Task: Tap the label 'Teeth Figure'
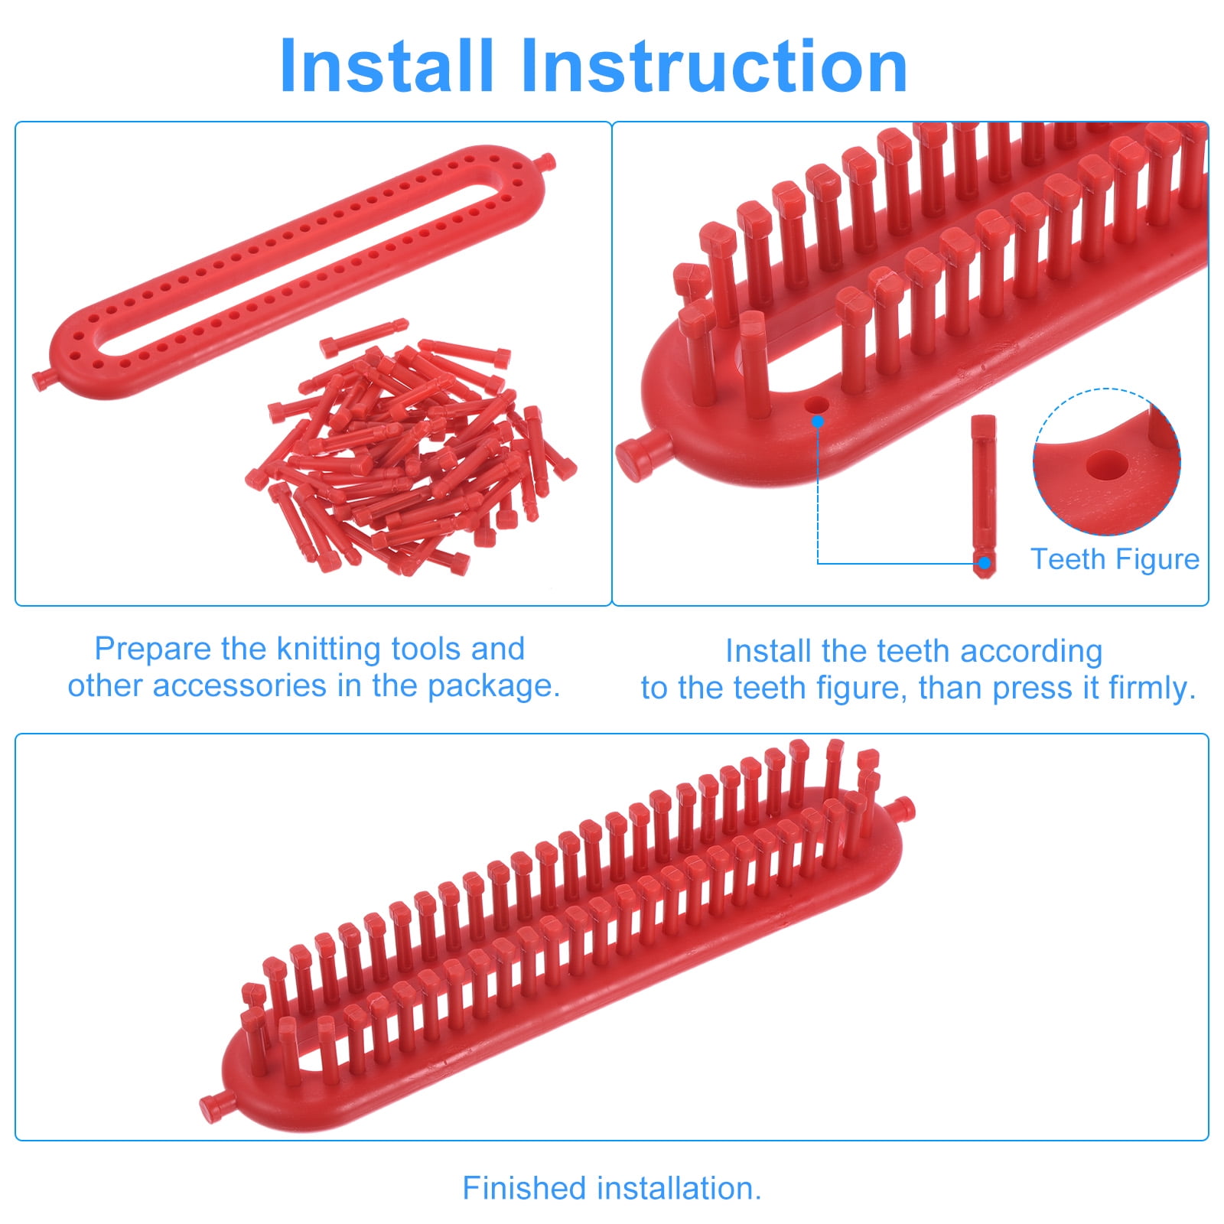click(1115, 559)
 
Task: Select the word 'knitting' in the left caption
click(329, 650)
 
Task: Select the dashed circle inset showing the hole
click(1106, 462)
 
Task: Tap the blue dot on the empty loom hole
click(818, 421)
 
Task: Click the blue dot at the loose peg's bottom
click(985, 564)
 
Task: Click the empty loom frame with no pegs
click(295, 272)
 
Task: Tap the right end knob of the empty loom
click(546, 161)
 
